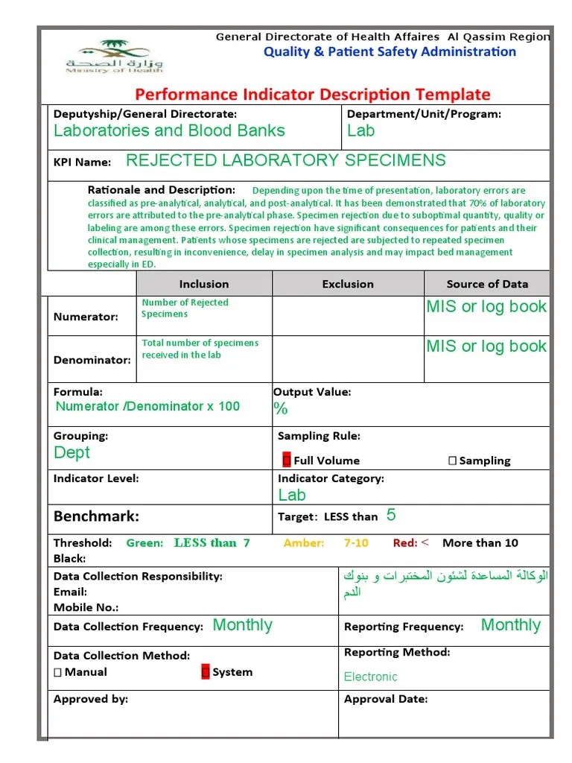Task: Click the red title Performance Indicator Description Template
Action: click(x=312, y=95)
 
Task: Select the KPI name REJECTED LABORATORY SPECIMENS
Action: click(x=286, y=160)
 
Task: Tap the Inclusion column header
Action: click(x=204, y=284)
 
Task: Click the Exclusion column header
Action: click(x=348, y=284)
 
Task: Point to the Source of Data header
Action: click(x=487, y=284)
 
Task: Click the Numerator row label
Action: click(x=86, y=317)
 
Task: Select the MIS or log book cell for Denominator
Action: click(x=486, y=346)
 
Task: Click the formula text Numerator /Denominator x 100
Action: click(x=147, y=406)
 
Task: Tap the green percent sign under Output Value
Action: click(x=281, y=408)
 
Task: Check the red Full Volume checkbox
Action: click(x=287, y=460)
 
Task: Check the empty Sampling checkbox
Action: click(x=452, y=460)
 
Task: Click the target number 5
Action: click(x=391, y=516)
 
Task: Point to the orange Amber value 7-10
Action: click(x=356, y=543)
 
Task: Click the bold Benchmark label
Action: click(x=96, y=516)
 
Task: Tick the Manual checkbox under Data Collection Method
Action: click(x=58, y=672)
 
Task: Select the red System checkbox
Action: click(x=206, y=672)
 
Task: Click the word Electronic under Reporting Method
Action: click(x=370, y=677)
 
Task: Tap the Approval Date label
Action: click(x=386, y=699)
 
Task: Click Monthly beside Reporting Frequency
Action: click(x=510, y=625)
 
